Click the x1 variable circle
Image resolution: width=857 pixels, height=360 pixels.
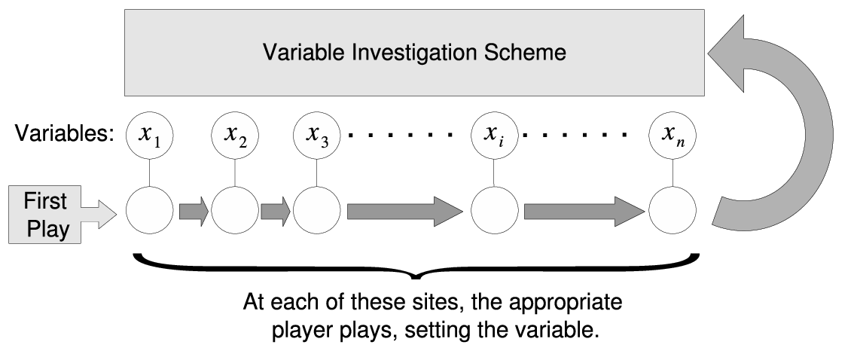tap(149, 135)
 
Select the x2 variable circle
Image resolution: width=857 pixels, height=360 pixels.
tap(235, 135)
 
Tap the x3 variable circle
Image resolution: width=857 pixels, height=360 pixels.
tap(316, 135)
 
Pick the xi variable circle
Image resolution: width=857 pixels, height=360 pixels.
tap(495, 135)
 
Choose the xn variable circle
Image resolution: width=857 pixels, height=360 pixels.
tap(672, 135)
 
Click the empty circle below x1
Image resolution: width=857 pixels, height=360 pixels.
tap(149, 210)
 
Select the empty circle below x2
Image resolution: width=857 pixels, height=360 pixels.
tap(235, 210)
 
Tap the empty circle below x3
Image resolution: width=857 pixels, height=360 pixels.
tap(316, 210)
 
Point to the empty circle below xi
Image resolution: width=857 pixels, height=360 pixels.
tap(495, 210)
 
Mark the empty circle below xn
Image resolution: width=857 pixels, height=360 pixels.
tap(672, 210)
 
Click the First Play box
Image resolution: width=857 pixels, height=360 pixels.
tap(45, 215)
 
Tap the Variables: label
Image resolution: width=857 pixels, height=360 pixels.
tap(65, 133)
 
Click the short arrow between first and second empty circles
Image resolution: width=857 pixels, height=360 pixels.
tap(194, 211)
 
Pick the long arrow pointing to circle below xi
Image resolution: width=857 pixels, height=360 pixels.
tap(405, 211)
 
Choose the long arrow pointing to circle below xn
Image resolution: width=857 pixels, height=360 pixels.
tap(584, 211)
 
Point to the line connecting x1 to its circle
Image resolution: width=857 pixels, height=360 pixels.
tap(149, 172)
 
